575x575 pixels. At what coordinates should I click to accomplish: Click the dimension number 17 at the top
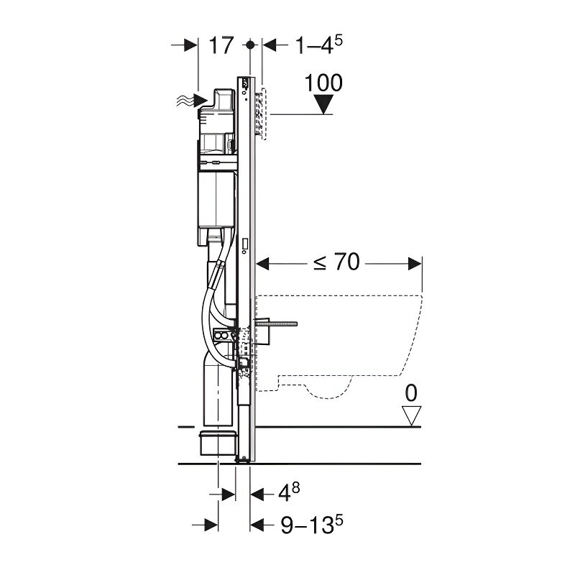pyautogui.click(x=221, y=45)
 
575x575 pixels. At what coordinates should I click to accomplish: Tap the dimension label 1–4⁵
pyautogui.click(x=318, y=45)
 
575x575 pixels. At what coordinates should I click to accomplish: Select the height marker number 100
pyautogui.click(x=323, y=83)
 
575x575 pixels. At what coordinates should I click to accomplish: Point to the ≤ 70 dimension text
pyautogui.click(x=336, y=262)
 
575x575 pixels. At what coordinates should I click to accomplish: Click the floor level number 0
pyautogui.click(x=411, y=393)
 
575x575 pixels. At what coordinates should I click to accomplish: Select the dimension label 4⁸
pyautogui.click(x=289, y=492)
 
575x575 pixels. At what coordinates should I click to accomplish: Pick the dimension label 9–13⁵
pyautogui.click(x=312, y=525)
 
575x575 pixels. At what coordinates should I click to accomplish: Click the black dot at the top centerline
pyautogui.click(x=250, y=45)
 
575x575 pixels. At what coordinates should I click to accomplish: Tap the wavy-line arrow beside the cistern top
pyautogui.click(x=191, y=99)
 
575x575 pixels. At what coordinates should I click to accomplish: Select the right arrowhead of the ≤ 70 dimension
pyautogui.click(x=415, y=263)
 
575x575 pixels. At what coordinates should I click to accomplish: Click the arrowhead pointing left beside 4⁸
pyautogui.click(x=257, y=494)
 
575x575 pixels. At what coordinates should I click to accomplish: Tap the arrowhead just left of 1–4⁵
pyautogui.click(x=270, y=45)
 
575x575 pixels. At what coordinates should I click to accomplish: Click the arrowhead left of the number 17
pyautogui.click(x=190, y=45)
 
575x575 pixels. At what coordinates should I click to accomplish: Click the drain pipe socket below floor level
pyautogui.click(x=217, y=443)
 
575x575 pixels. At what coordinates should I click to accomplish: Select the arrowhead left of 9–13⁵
pyautogui.click(x=257, y=525)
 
